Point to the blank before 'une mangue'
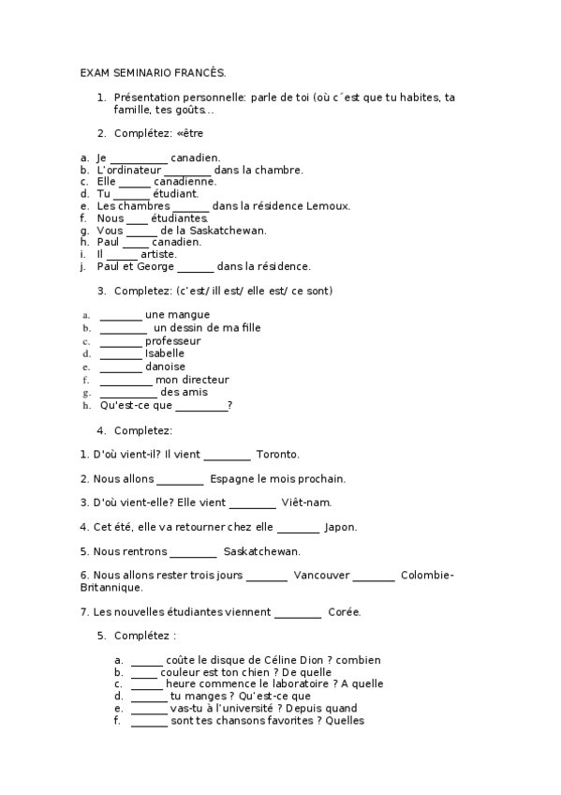(x=120, y=315)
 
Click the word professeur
(x=173, y=341)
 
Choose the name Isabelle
(x=165, y=353)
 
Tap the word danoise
(x=165, y=367)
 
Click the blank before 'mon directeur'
(x=125, y=381)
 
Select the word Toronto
(x=277, y=455)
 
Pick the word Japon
(x=340, y=527)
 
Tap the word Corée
(x=345, y=612)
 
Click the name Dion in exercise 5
(x=301, y=660)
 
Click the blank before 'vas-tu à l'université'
(x=148, y=710)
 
